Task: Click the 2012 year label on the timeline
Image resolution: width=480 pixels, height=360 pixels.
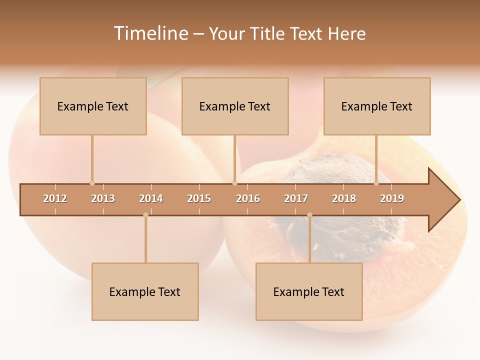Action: (55, 198)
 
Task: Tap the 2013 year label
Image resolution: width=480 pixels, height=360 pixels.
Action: (103, 198)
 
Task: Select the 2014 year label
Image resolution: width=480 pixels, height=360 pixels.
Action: (151, 198)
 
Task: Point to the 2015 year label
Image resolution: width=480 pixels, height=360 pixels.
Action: (199, 198)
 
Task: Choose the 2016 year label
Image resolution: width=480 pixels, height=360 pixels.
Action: (248, 198)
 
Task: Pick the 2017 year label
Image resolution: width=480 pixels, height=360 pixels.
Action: (296, 198)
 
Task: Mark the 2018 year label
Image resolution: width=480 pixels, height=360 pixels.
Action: (344, 198)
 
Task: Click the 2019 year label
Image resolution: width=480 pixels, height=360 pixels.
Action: (392, 198)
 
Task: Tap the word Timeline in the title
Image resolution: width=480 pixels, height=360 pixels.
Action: (150, 33)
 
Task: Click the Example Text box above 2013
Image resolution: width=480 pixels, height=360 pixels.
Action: (93, 106)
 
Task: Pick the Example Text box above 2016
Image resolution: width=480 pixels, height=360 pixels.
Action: (235, 106)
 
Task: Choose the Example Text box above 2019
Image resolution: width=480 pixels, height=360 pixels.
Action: (377, 106)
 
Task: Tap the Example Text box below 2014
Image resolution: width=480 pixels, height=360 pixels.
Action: (145, 291)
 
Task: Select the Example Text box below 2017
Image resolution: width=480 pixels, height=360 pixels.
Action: (309, 291)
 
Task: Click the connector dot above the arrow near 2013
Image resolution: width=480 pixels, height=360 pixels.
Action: (92, 183)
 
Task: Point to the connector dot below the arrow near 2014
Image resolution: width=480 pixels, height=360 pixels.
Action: (145, 215)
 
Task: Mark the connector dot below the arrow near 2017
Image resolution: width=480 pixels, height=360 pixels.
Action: (309, 215)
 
